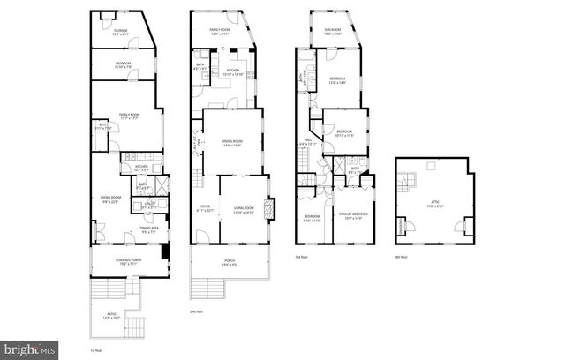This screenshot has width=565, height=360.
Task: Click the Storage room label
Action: (x=120, y=33)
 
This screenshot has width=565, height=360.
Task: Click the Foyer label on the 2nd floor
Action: (x=205, y=208)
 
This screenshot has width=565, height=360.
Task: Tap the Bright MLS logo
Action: (x=30, y=349)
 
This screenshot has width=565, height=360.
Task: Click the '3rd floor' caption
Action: (x=302, y=258)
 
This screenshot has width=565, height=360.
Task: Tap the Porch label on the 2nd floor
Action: (x=230, y=260)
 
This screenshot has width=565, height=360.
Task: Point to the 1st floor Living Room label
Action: (x=109, y=201)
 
